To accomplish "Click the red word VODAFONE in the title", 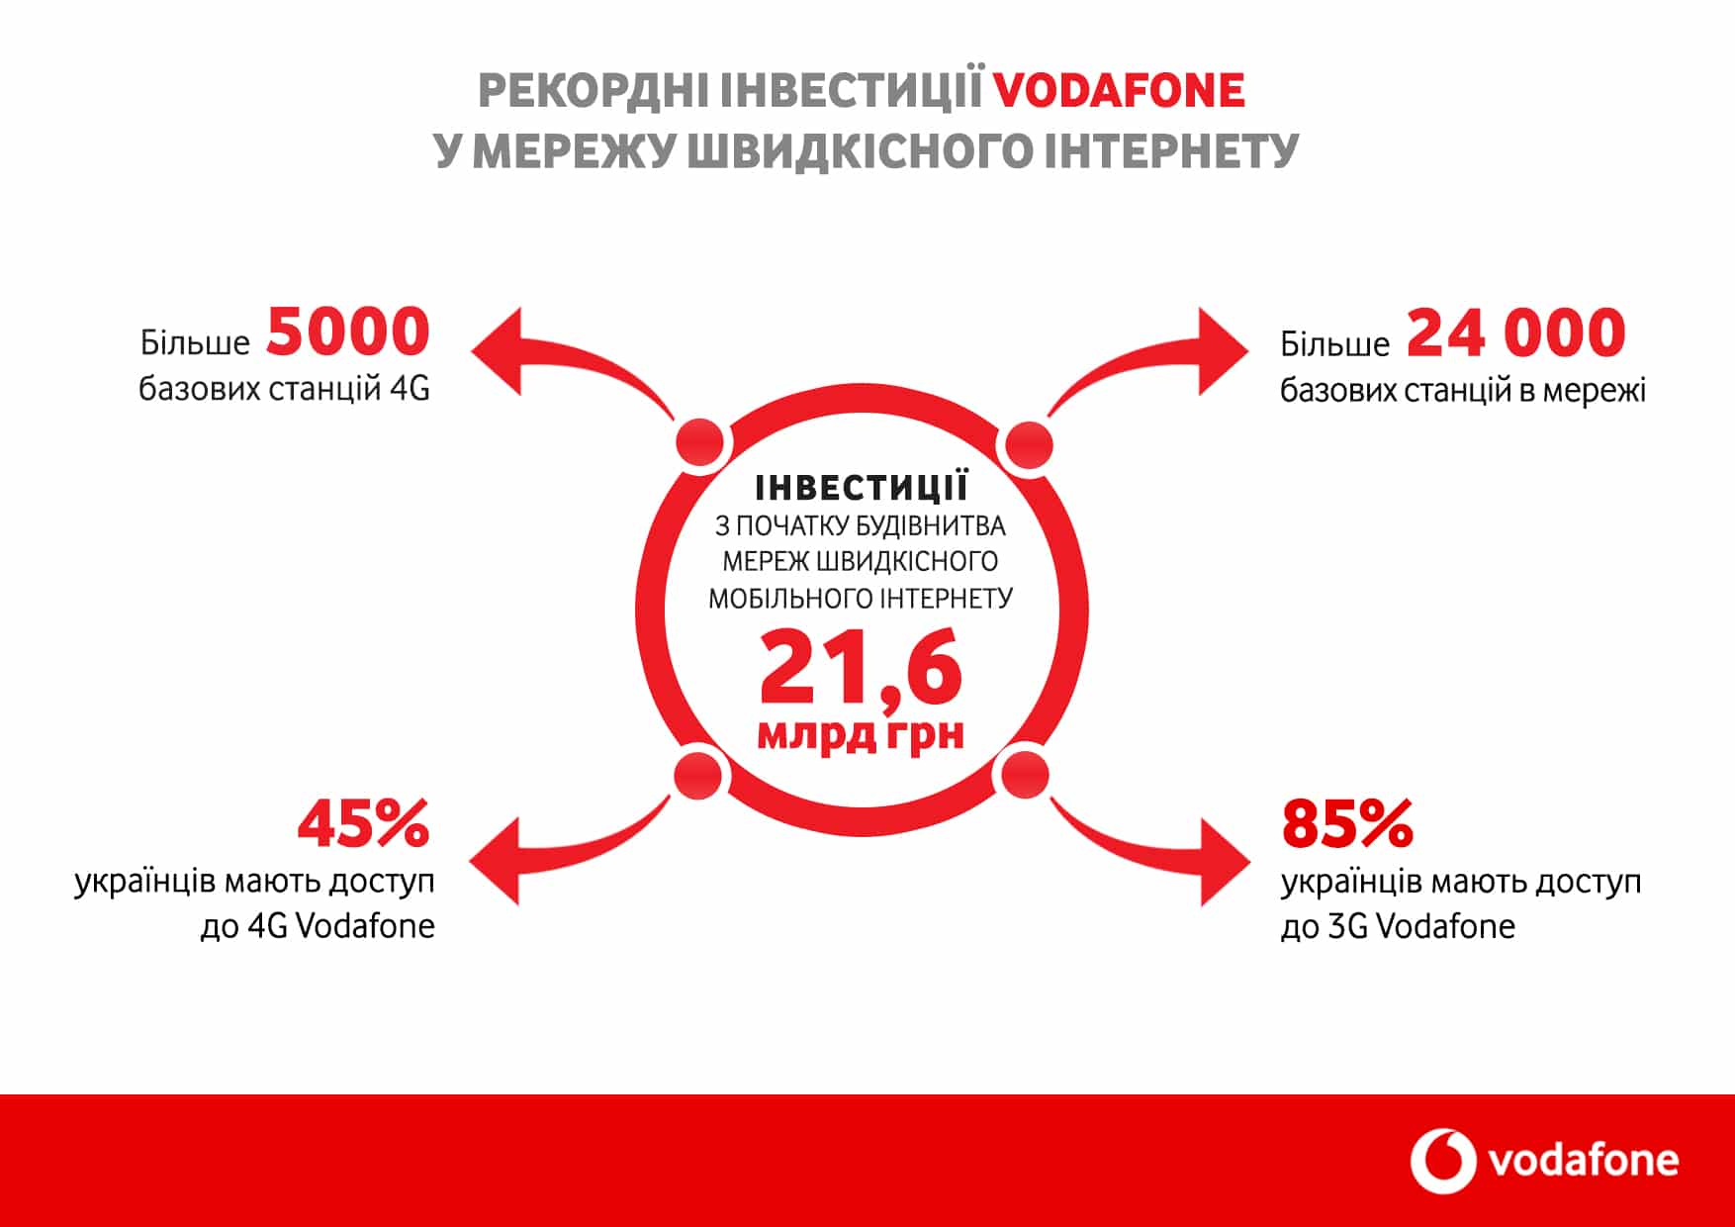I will coord(1118,91).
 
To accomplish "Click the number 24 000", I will coord(1515,333).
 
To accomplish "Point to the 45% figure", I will coord(364,824).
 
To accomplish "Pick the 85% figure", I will coord(1347,824).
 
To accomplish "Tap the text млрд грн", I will coord(861,734).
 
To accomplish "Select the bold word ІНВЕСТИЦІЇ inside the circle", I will coord(861,488).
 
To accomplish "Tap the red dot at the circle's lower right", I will coord(1025,774).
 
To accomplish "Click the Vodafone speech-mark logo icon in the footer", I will coord(1442,1161).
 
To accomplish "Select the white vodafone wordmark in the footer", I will coord(1584,1161).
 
